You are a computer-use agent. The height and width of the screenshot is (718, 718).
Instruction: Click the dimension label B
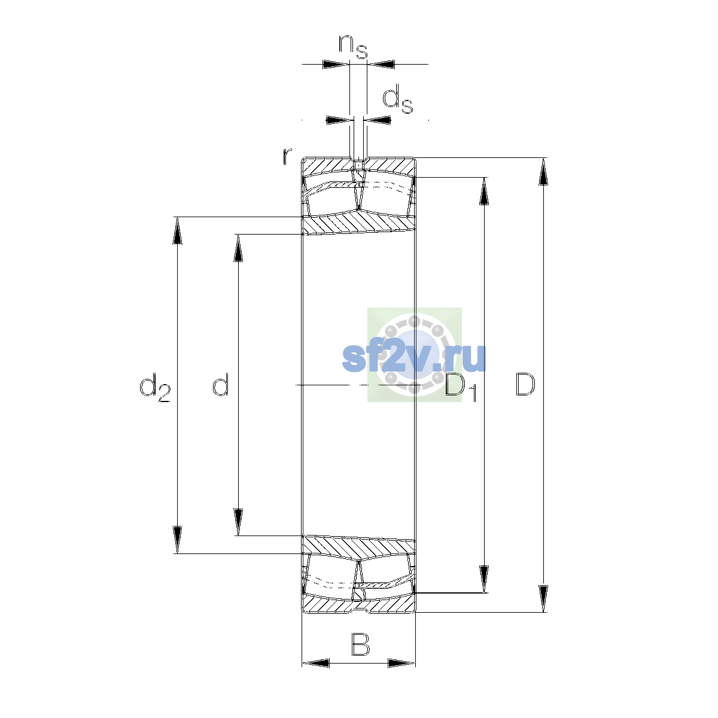pyautogui.click(x=360, y=644)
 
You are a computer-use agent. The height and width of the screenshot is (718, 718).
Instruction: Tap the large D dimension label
pyautogui.click(x=525, y=384)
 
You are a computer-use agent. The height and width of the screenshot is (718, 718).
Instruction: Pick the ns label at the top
pyautogui.click(x=353, y=47)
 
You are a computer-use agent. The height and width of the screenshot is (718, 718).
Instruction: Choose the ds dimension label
pyautogui.click(x=398, y=99)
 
